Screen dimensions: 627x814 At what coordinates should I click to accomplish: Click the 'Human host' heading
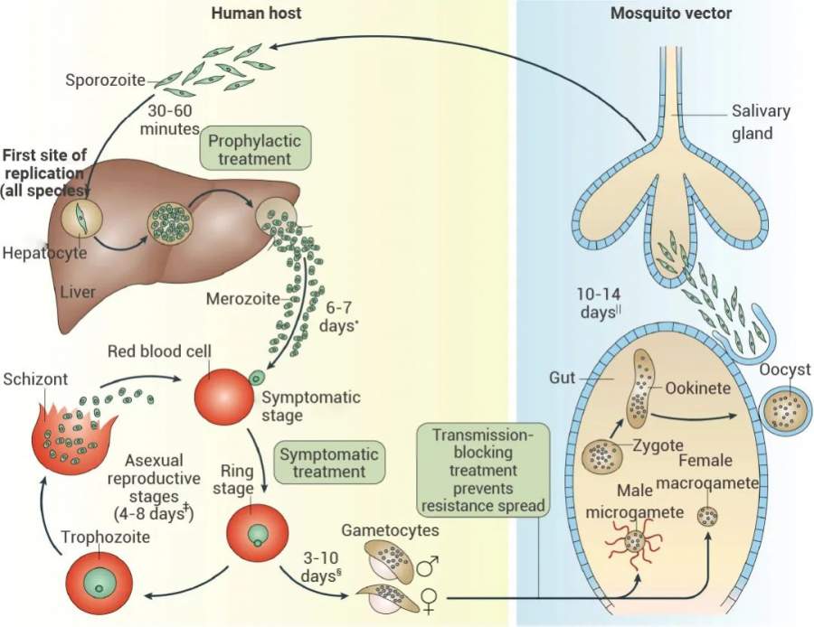pos(256,14)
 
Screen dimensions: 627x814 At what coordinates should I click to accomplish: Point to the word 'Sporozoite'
pos(105,80)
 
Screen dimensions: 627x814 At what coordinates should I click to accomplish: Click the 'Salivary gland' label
pos(760,122)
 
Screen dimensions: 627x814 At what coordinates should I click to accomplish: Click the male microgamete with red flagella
pos(634,542)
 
